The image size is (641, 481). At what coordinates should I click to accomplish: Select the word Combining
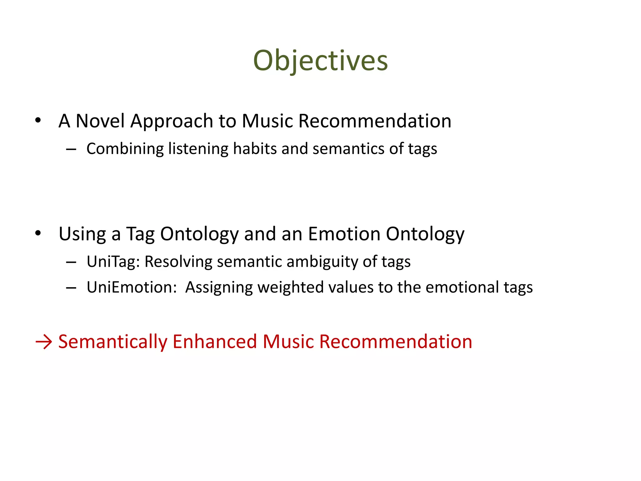coord(125,149)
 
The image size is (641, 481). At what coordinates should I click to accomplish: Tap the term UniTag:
coord(113,262)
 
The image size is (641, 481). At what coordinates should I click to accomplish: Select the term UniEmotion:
coord(132,287)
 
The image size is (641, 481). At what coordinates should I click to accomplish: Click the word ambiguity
coord(322,262)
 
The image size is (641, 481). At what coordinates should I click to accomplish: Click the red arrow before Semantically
coord(44,342)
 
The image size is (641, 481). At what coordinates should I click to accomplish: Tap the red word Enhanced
coord(215,341)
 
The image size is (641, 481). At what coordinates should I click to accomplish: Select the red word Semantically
coord(113,342)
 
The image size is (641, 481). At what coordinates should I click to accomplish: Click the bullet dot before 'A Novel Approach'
coord(38,120)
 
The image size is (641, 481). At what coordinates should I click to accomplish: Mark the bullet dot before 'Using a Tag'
coord(38,233)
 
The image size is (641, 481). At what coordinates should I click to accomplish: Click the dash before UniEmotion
coord(71,287)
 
